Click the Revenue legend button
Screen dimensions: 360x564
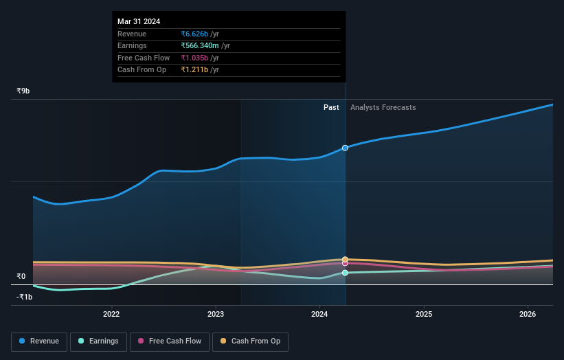(x=39, y=341)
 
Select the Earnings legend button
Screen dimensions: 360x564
(x=98, y=341)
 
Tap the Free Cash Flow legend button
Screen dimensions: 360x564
(x=170, y=341)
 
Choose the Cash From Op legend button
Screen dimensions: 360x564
(x=250, y=341)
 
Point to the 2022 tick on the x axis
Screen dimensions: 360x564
(x=111, y=315)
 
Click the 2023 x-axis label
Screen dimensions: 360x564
(x=216, y=315)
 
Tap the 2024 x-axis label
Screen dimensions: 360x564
(x=319, y=315)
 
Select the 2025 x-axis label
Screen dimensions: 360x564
(x=424, y=315)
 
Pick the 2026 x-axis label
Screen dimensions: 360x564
(x=528, y=315)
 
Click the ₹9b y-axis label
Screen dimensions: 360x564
(x=23, y=91)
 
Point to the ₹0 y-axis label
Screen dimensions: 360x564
(x=21, y=277)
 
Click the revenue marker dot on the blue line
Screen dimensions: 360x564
(x=345, y=148)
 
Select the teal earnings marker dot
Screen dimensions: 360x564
(x=345, y=273)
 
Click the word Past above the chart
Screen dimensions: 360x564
(x=331, y=107)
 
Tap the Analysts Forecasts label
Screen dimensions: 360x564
(x=383, y=107)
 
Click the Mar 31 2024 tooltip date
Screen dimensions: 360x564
(x=139, y=21)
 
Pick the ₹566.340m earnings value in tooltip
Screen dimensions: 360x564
(x=201, y=46)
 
